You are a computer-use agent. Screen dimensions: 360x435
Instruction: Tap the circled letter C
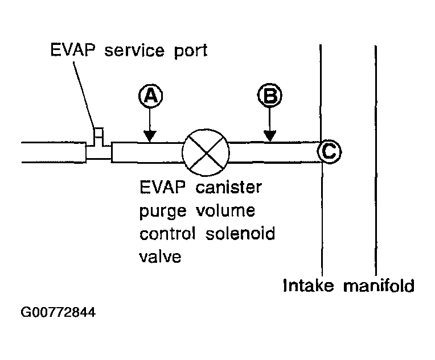[x=329, y=151]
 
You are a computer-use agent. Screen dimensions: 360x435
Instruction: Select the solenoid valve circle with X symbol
[x=206, y=152]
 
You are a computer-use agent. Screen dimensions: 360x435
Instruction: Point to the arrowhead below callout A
[x=150, y=136]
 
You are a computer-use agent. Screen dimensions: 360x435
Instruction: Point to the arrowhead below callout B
[x=270, y=136]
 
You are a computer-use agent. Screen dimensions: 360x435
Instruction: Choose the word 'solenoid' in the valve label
[x=247, y=234]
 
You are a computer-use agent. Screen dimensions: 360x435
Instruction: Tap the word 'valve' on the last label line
[x=160, y=256]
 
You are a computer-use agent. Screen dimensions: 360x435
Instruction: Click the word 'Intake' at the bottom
[x=310, y=284]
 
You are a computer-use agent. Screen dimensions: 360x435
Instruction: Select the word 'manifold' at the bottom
[x=378, y=284]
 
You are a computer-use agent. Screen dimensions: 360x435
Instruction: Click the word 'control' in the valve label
[x=170, y=234]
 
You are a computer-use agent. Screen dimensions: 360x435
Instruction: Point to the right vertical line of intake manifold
[x=375, y=159]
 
